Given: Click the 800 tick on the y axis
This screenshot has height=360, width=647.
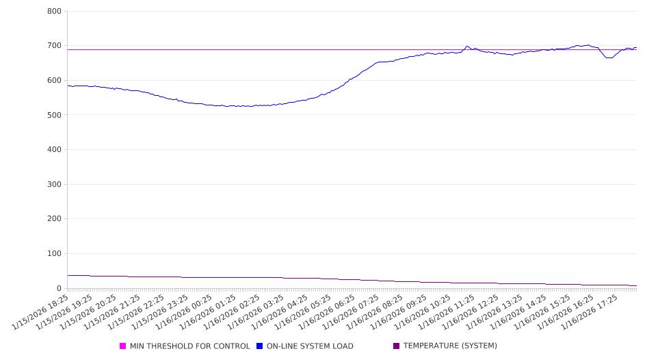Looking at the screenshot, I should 54,12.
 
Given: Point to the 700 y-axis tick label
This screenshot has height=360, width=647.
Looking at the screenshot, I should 54,46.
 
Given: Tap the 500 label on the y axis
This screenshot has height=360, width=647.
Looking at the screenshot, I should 54,115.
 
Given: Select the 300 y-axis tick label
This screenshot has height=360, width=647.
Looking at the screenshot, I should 54,185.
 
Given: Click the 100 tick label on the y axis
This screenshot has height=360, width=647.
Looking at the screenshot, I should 54,254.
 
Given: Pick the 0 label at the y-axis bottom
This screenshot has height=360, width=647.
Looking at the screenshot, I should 59,288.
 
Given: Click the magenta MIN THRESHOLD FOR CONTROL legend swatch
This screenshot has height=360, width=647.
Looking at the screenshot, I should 123,346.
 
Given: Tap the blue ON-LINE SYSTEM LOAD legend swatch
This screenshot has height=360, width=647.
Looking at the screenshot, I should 260,346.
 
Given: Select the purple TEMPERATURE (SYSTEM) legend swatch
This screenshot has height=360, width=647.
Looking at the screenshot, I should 397,346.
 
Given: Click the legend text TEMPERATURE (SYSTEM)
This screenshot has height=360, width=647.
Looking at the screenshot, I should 450,346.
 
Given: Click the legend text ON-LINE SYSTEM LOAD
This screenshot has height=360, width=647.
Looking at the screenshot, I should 310,346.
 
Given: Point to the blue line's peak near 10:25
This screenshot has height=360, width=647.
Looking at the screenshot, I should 467,47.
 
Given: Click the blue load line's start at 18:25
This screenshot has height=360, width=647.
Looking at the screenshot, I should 68,86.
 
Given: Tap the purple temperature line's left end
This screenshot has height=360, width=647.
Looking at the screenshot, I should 68,275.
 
